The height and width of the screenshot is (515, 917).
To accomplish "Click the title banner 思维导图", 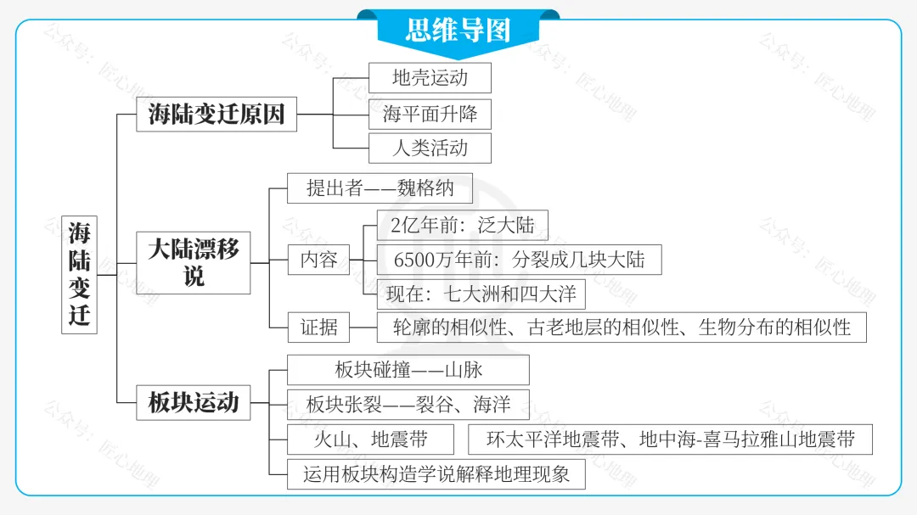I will click(458, 31).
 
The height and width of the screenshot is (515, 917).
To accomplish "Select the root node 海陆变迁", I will click(79, 273).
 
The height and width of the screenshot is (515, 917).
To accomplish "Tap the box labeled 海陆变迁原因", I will click(217, 114).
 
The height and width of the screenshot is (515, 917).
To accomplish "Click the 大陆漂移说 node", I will click(194, 263).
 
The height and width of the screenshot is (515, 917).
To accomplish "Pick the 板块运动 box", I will click(194, 401).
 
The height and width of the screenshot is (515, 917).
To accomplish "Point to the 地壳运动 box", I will click(430, 78).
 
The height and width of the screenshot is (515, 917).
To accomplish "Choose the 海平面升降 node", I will click(430, 113).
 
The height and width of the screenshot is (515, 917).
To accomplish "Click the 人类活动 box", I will click(430, 148).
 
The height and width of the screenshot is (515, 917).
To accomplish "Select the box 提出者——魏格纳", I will click(380, 188).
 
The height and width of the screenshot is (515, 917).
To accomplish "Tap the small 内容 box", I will click(318, 260).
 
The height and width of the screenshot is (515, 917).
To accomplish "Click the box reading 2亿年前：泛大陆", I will click(463, 226).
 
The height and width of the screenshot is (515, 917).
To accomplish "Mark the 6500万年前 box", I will click(519, 260).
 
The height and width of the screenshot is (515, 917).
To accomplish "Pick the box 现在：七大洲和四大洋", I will click(481, 294).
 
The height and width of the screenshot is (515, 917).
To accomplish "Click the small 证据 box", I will click(318, 327).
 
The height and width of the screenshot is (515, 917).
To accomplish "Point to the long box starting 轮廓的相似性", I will click(622, 327).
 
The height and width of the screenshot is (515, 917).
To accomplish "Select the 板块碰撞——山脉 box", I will click(408, 370).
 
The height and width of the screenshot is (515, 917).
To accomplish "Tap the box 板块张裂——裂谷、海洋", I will click(408, 404).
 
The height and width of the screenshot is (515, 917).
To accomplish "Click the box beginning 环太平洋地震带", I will click(670, 439).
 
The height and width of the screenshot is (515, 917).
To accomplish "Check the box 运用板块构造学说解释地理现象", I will click(436, 473).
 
